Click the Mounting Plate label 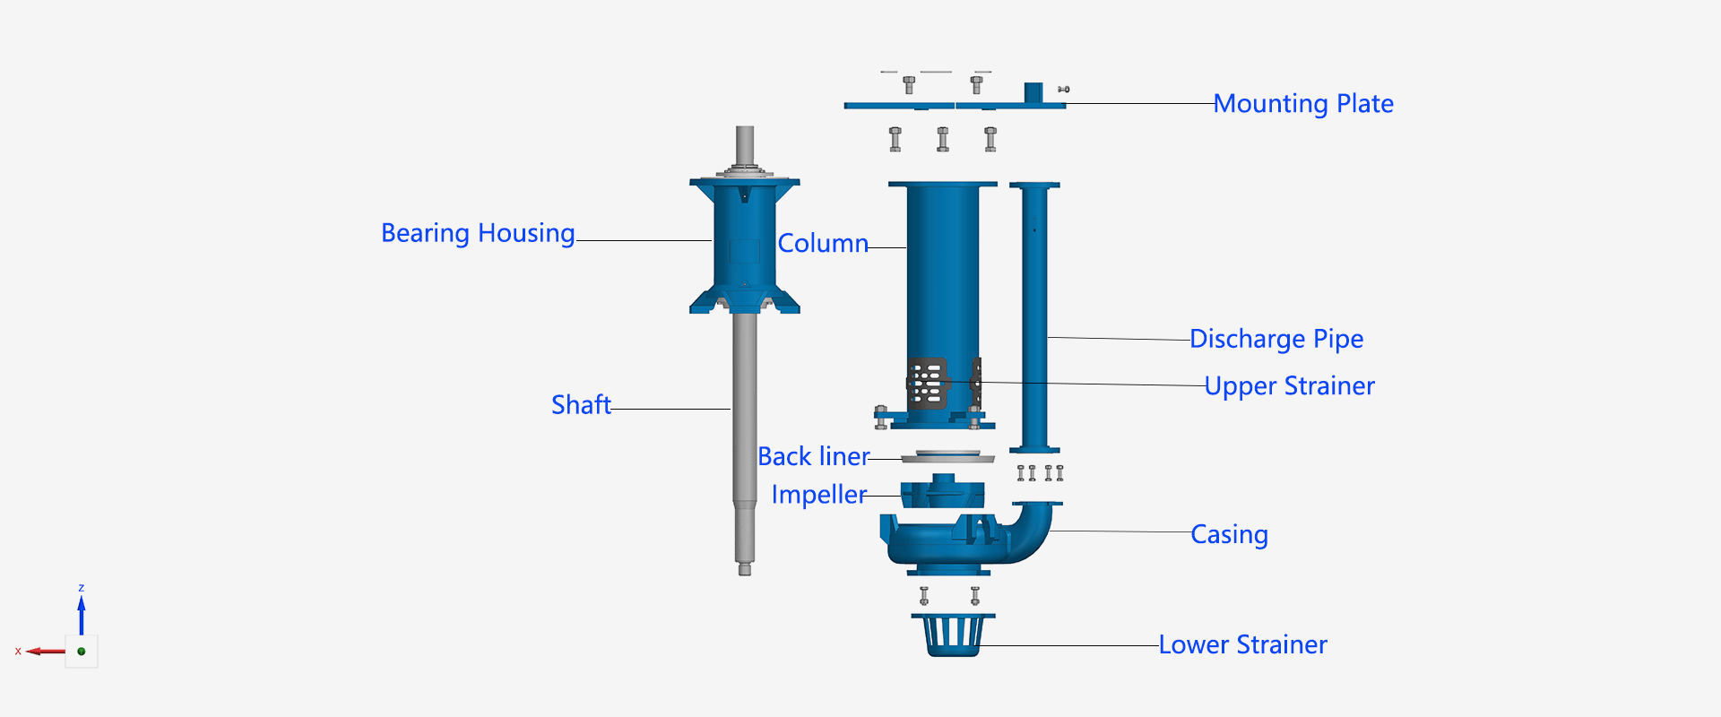click(1303, 104)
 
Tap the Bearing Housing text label click(478, 233)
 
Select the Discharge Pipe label click(1276, 339)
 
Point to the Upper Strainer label click(1289, 386)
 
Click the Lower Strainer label click(1242, 645)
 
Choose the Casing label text click(1229, 534)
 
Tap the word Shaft click(581, 405)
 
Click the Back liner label click(813, 457)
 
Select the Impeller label click(818, 495)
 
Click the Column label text click(823, 244)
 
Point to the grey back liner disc click(947, 458)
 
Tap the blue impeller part click(942, 494)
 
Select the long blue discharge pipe click(1034, 314)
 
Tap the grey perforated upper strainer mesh click(927, 384)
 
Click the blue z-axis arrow click(82, 614)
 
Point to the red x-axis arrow click(45, 652)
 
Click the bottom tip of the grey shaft click(744, 569)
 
